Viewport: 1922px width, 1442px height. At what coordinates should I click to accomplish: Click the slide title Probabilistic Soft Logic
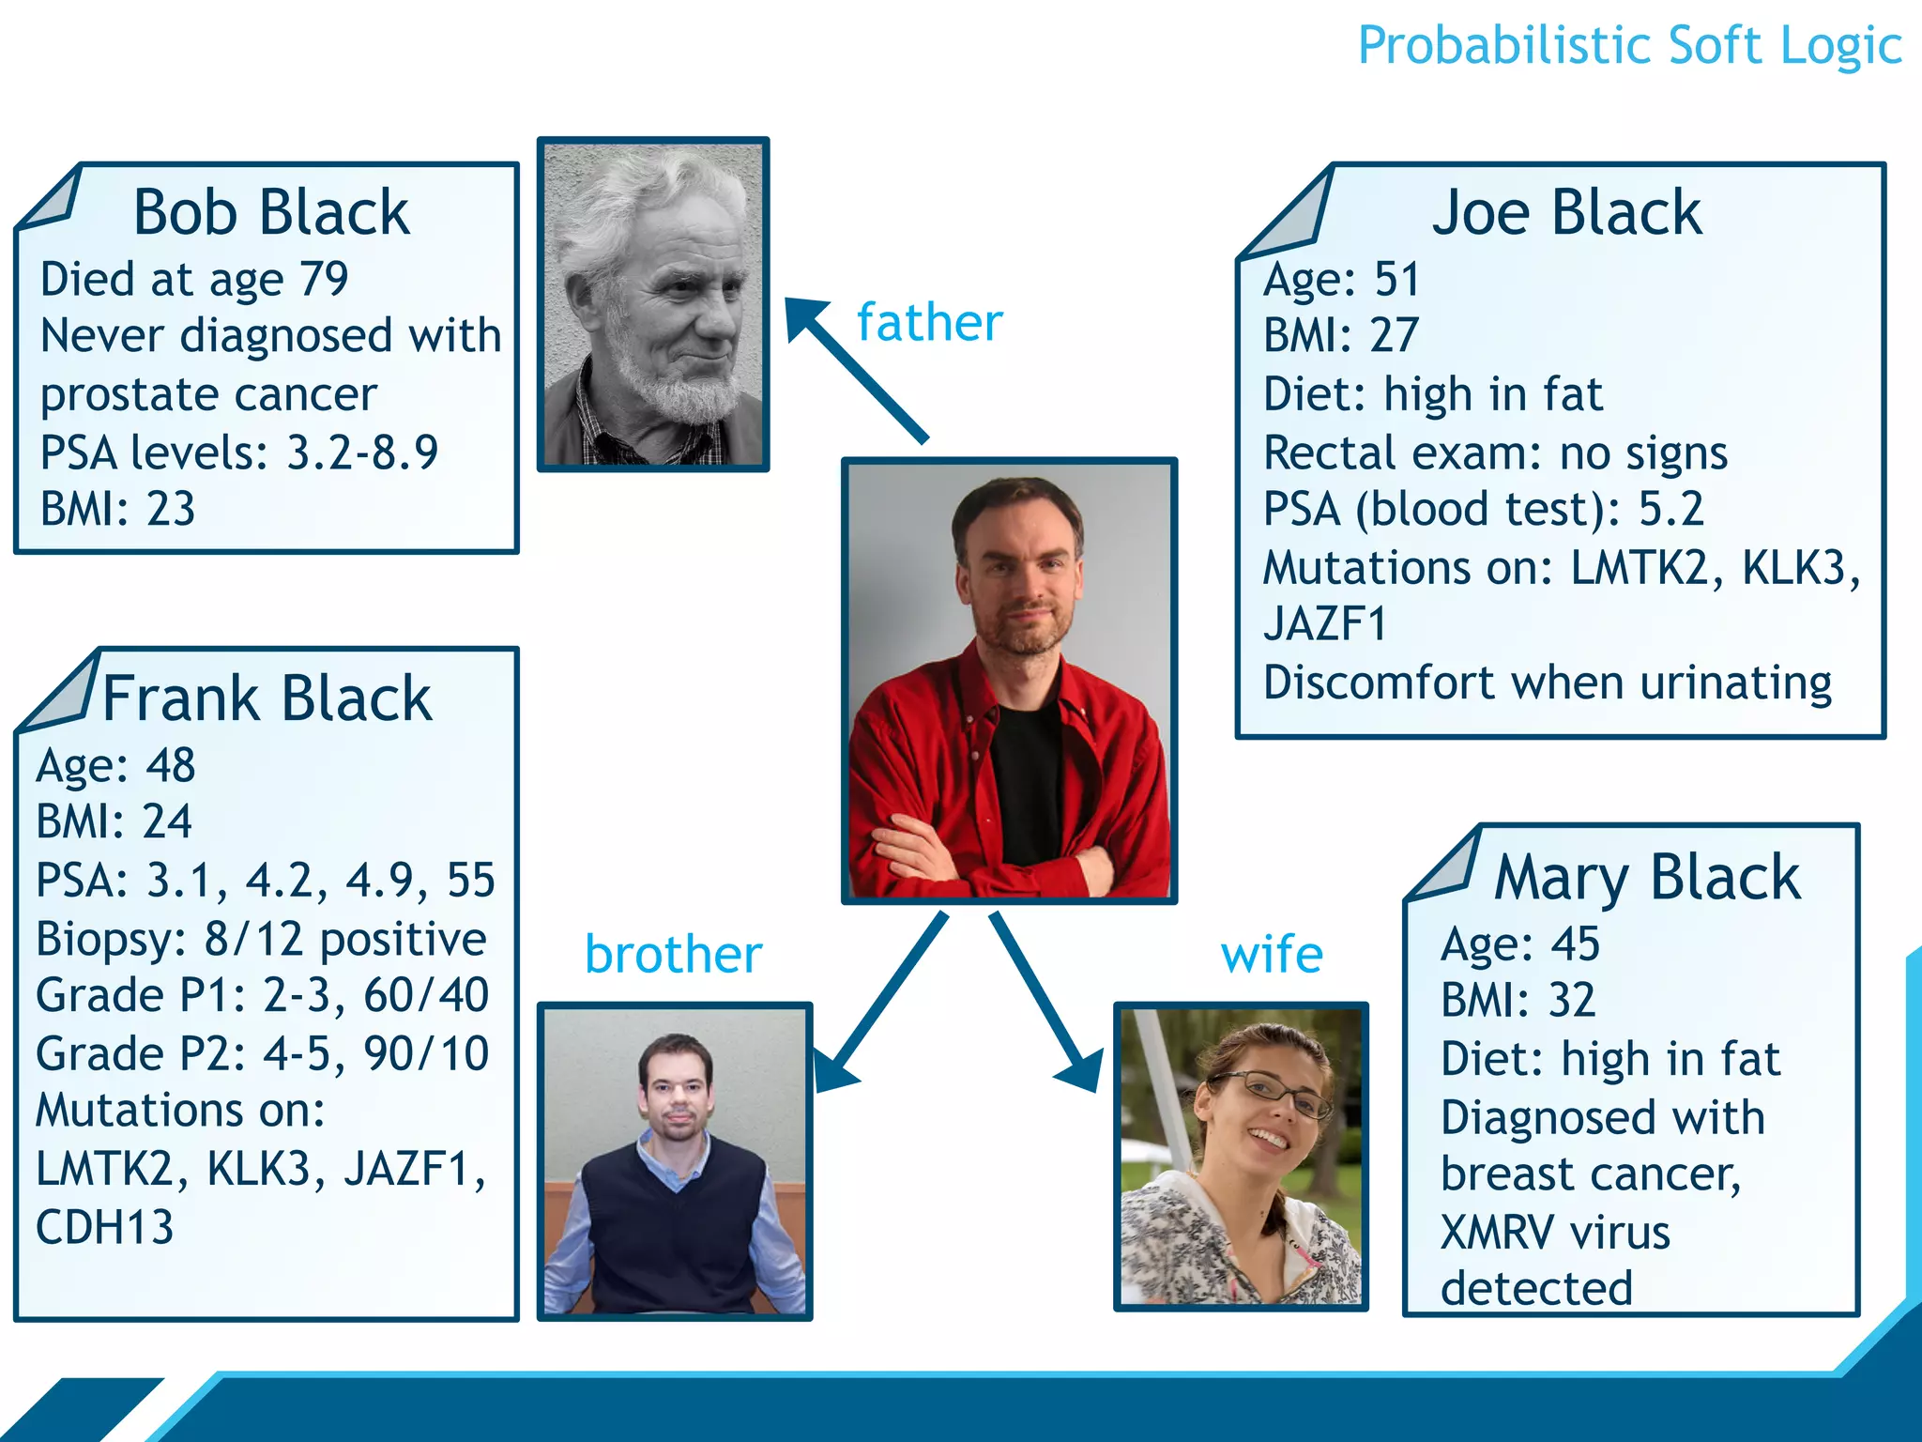tap(1629, 45)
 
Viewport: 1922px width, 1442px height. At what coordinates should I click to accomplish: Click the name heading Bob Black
tap(271, 212)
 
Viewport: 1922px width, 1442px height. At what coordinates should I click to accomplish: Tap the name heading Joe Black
tap(1565, 212)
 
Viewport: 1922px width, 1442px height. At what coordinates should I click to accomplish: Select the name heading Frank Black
tap(267, 698)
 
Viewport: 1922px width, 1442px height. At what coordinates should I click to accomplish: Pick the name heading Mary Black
tap(1647, 878)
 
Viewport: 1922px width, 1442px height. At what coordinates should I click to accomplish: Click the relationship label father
tap(929, 322)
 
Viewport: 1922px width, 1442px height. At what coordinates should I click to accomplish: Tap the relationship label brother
tap(673, 955)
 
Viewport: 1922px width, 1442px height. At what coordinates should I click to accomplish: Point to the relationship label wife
tap(1272, 955)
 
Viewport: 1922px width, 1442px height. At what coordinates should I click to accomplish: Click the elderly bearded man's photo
tap(653, 303)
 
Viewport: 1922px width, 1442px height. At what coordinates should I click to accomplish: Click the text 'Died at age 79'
tap(194, 279)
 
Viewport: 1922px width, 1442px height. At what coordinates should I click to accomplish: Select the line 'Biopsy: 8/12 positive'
tap(261, 939)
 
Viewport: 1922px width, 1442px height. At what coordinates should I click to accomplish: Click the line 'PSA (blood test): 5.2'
tap(1483, 509)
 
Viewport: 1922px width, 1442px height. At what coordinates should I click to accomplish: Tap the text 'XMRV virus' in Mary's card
tap(1555, 1232)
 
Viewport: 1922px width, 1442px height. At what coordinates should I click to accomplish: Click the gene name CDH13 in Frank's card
tap(104, 1227)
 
